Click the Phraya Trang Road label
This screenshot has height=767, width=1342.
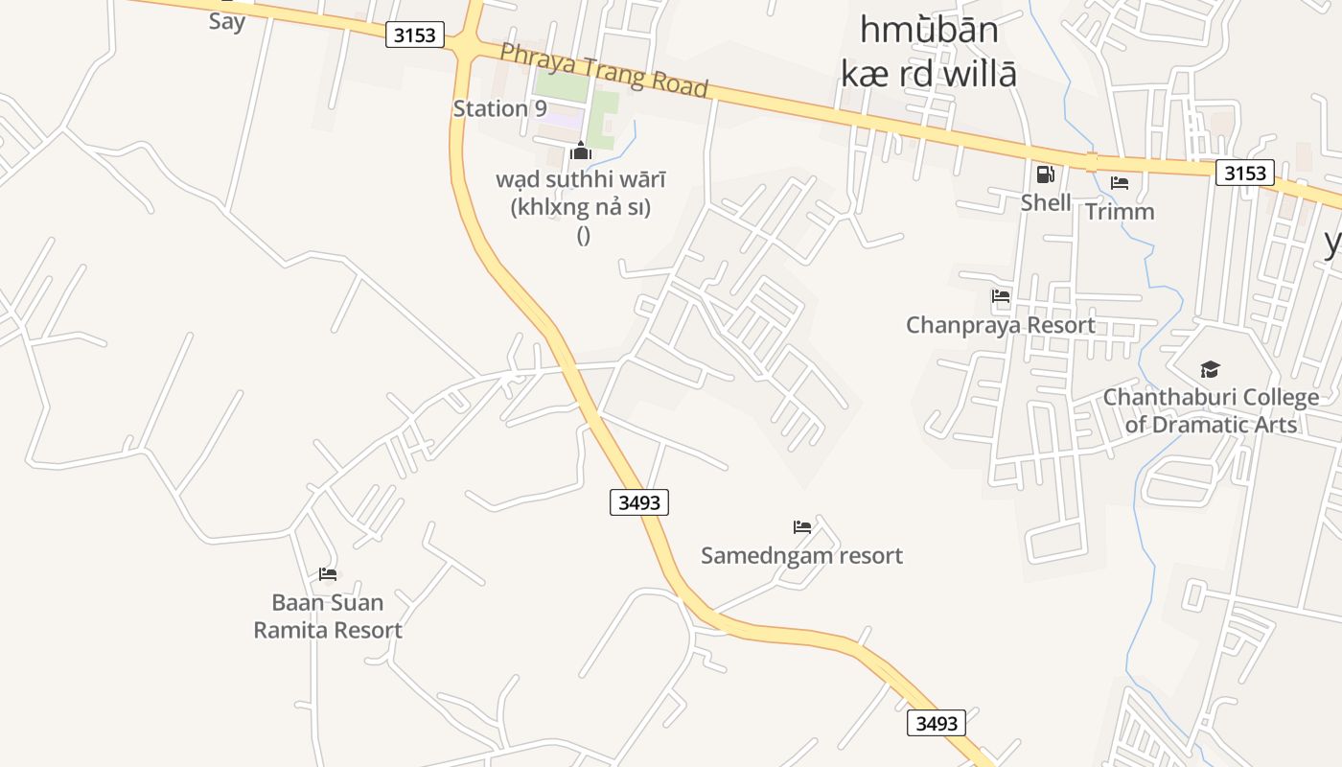(604, 70)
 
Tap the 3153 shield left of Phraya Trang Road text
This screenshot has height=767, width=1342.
(415, 35)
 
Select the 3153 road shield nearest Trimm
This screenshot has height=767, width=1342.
(1245, 174)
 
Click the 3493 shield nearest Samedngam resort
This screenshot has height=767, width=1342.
(639, 501)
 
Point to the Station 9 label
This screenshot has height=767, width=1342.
(499, 108)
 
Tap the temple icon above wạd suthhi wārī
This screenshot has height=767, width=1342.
(581, 151)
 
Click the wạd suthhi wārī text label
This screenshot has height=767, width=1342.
(581, 179)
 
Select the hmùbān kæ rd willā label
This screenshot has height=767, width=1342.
(928, 52)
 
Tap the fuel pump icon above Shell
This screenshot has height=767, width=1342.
(1045, 174)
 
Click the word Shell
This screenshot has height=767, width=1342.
(1046, 202)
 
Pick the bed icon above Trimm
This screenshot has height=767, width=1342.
(1120, 183)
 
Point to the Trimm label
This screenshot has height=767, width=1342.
(1120, 211)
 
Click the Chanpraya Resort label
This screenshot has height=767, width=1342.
(1001, 325)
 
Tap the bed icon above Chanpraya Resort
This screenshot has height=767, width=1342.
(1001, 296)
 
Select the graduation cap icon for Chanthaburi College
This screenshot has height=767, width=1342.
(1210, 370)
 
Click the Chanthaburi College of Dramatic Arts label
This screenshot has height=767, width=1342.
(1211, 410)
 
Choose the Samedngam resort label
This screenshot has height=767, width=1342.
(801, 555)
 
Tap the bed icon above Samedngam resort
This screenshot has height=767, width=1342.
(802, 526)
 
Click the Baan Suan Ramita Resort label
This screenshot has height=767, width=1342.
(328, 616)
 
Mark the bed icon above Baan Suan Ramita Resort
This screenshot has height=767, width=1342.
(328, 574)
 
